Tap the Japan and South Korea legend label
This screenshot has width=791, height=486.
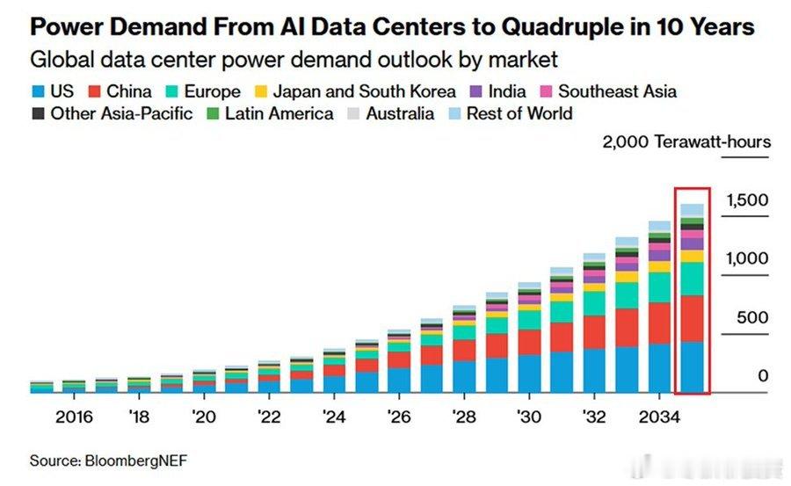point(364,91)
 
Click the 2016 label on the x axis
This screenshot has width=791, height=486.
point(74,417)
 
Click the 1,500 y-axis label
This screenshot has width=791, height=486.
point(746,200)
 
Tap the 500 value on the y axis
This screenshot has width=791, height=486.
point(751,318)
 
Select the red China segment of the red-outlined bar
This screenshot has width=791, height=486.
point(692,318)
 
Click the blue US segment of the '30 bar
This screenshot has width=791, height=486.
point(529,373)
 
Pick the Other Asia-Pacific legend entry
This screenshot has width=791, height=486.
point(121,113)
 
